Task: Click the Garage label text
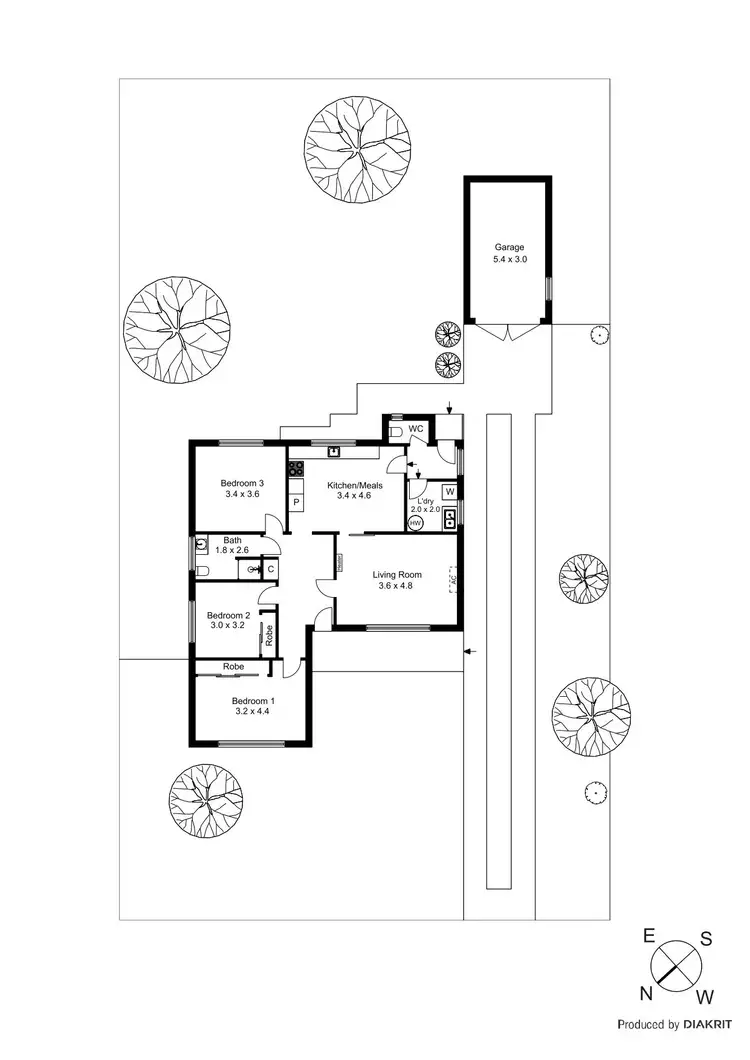tap(509, 247)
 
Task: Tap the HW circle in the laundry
tap(415, 522)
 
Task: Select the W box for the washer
tap(449, 492)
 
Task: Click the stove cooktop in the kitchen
tap(296, 467)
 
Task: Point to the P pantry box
tap(296, 501)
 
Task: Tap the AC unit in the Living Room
tap(453, 579)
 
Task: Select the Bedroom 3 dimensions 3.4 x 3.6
tap(242, 494)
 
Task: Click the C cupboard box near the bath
tap(271, 569)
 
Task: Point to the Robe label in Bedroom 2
tap(268, 634)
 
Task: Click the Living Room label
tap(397, 574)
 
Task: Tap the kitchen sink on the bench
tap(333, 452)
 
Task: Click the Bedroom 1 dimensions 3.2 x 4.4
tap(252, 712)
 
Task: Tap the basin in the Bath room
tap(203, 547)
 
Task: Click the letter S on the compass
tap(705, 938)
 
